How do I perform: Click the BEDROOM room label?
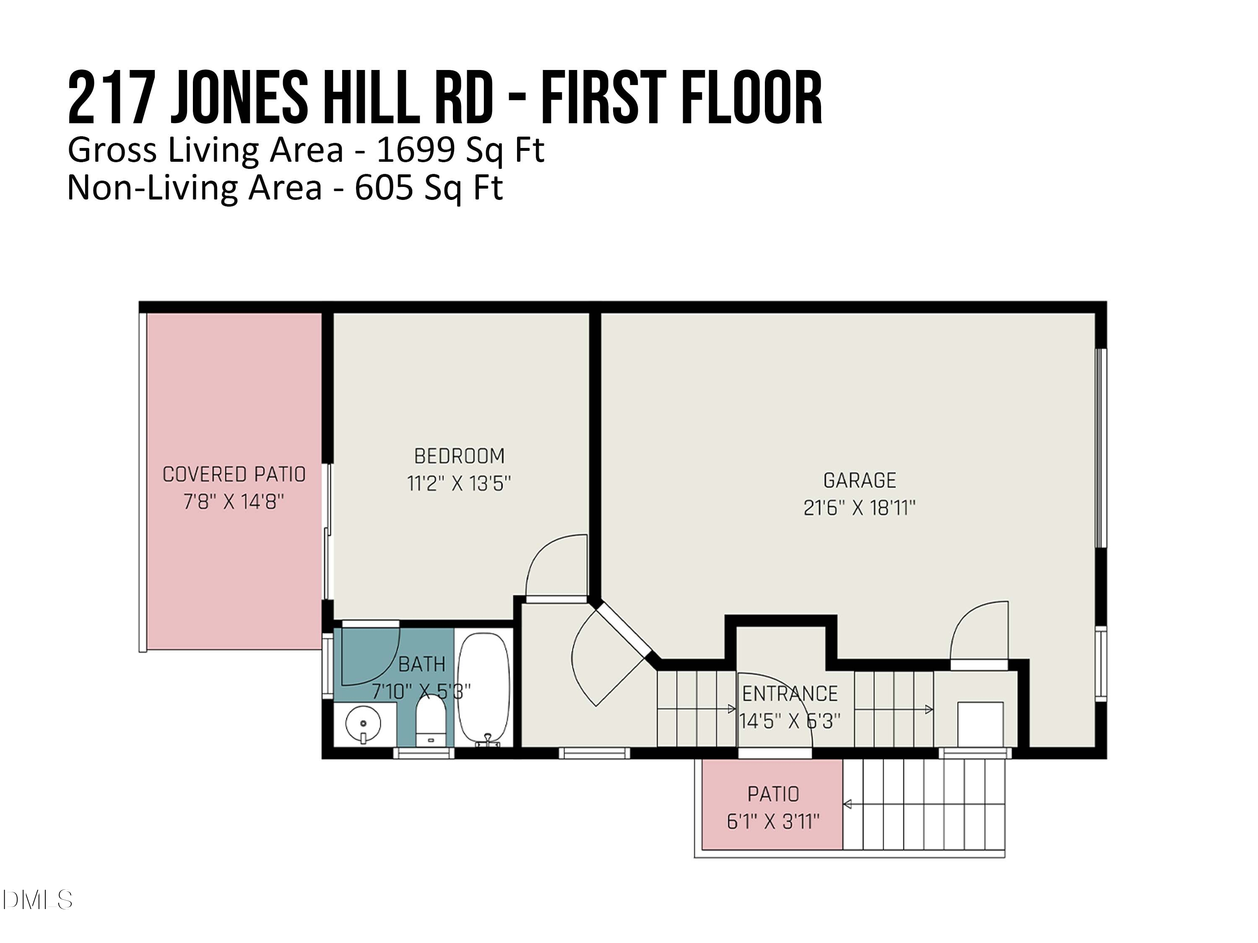(x=459, y=456)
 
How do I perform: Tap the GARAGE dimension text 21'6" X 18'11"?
(x=859, y=508)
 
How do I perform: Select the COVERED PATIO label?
(x=234, y=474)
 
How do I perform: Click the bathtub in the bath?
(x=484, y=688)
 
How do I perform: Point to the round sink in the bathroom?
(x=363, y=723)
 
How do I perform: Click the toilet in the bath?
(x=431, y=721)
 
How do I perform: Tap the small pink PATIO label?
(x=773, y=794)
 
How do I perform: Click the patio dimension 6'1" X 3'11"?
(x=773, y=821)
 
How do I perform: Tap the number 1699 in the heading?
(x=415, y=150)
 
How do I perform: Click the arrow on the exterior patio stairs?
(x=847, y=804)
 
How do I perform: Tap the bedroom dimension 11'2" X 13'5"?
(x=459, y=484)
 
